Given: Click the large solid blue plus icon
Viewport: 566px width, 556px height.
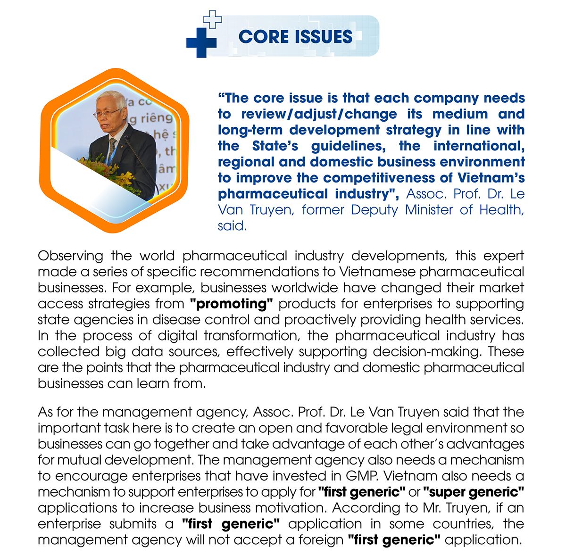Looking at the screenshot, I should pos(201,42).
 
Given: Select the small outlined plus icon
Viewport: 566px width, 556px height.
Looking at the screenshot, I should pos(212,19).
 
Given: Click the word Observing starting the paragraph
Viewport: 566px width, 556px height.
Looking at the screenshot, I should pos(70,256).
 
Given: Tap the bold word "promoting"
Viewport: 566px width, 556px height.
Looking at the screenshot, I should pos(232,304).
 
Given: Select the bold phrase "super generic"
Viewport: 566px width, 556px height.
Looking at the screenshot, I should pos(474,492).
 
